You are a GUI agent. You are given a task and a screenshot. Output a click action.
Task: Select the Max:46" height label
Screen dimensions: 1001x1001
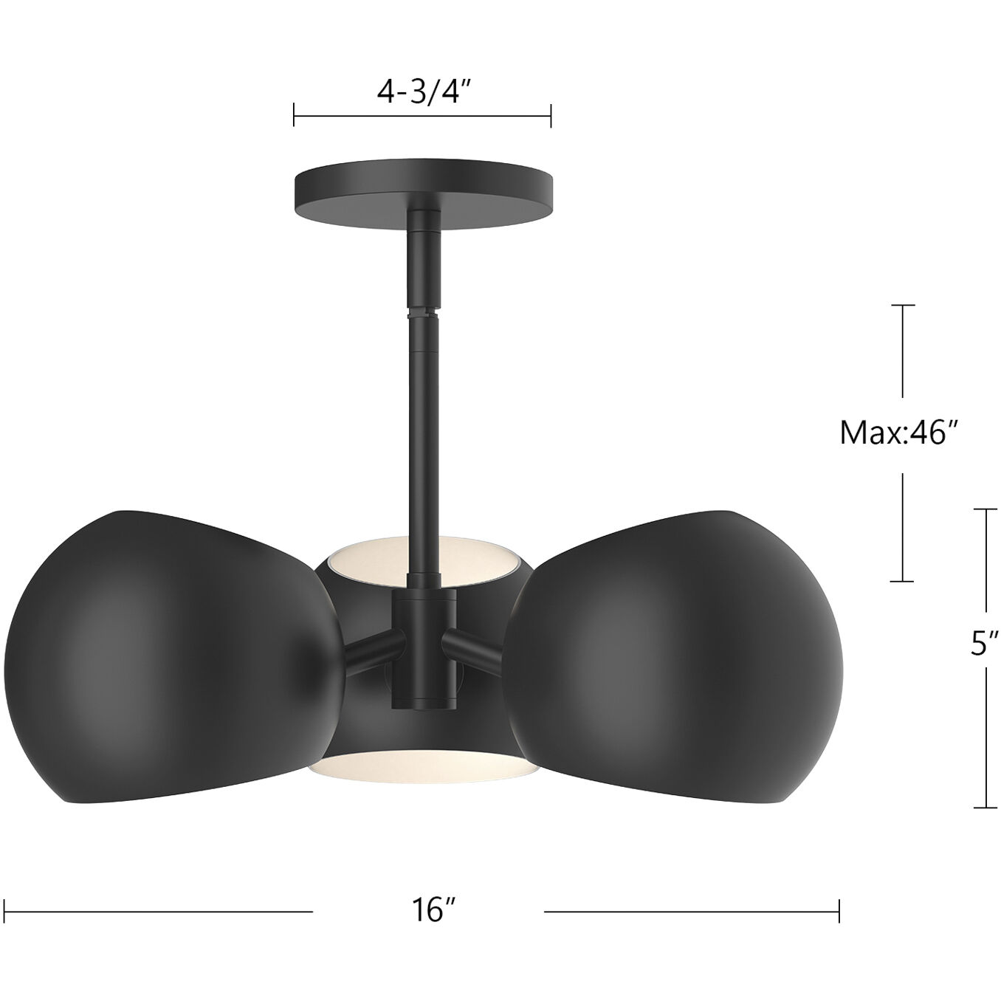(x=902, y=433)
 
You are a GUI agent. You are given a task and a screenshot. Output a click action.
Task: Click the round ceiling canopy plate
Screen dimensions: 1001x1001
(x=423, y=190)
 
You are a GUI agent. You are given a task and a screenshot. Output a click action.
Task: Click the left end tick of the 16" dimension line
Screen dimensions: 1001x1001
(x=5, y=911)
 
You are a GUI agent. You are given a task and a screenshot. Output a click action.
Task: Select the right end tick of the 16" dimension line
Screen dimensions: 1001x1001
(x=839, y=911)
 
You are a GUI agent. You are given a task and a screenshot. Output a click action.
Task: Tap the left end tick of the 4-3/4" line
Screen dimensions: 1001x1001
(x=295, y=115)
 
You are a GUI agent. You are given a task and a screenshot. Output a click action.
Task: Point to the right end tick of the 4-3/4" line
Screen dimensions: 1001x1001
(x=551, y=115)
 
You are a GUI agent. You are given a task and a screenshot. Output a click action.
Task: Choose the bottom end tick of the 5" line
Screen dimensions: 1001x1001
(x=986, y=808)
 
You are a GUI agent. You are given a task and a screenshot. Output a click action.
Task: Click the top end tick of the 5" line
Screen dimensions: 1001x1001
(x=986, y=509)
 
